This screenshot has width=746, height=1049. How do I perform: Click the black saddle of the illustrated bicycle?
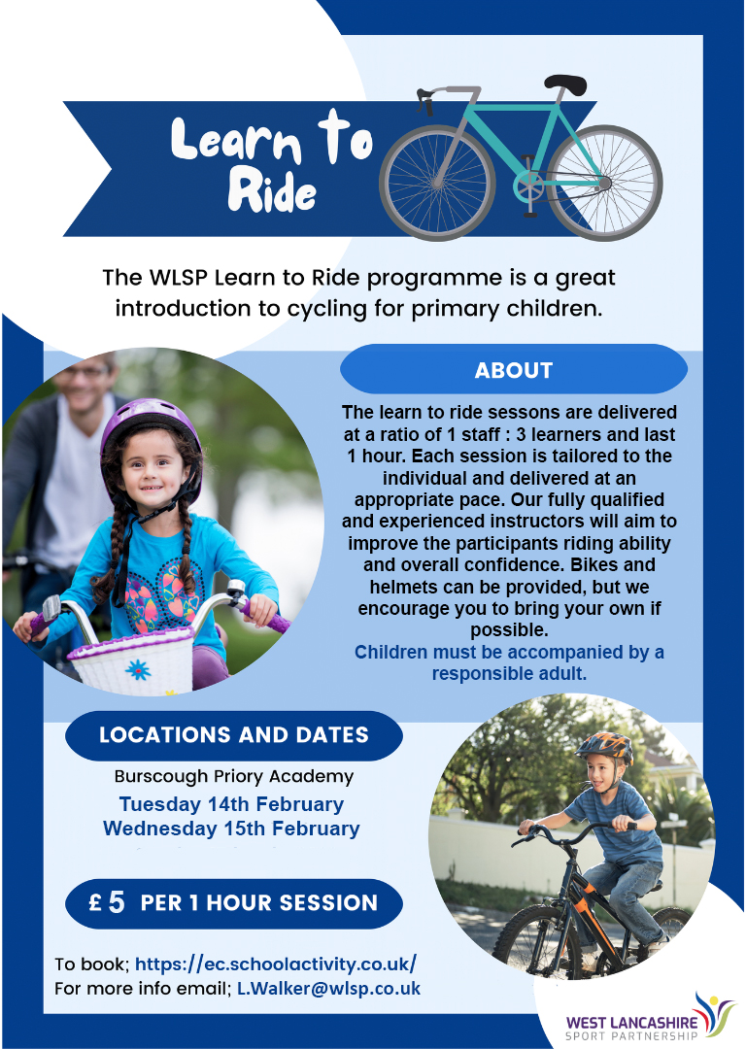click(x=565, y=84)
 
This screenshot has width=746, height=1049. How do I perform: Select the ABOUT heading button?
click(x=514, y=369)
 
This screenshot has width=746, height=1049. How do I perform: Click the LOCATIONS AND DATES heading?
click(x=234, y=734)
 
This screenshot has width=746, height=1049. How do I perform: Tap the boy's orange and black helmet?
click(x=605, y=746)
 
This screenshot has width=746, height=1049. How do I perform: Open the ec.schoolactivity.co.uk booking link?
click(x=276, y=964)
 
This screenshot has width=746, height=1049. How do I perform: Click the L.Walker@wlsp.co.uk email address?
click(x=328, y=989)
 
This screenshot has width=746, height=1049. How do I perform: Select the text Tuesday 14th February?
click(x=231, y=803)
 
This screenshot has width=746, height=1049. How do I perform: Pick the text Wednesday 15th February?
click(x=231, y=829)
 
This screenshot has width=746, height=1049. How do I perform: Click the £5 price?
click(x=107, y=902)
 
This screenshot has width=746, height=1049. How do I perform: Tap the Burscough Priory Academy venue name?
click(x=233, y=776)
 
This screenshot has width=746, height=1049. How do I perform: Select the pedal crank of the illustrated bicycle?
click(x=529, y=186)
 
